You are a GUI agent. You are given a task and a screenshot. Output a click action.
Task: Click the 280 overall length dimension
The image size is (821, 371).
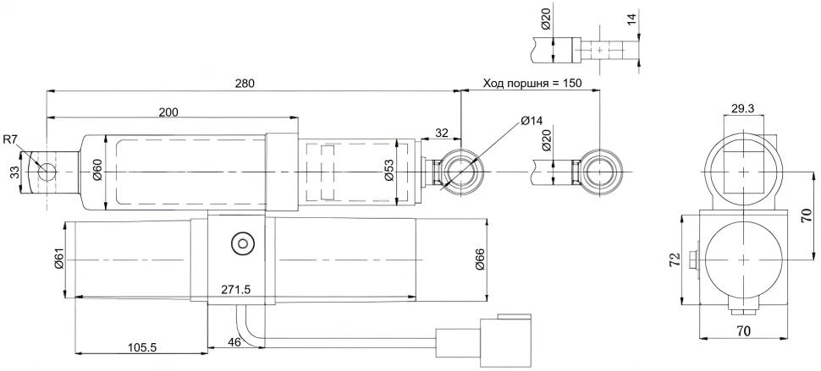coord(244,83)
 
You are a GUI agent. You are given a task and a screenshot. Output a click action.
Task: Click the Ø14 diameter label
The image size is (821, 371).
coord(532,121)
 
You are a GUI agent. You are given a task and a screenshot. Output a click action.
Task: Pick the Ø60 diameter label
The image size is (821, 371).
coord(96,172)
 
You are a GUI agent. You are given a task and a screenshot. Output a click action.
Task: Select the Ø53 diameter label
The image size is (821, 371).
coord(388,172)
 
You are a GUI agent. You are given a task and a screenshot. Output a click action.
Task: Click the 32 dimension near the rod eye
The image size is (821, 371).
coord(442,133)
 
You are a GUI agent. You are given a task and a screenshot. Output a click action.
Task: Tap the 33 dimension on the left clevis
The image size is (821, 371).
coord(14,173)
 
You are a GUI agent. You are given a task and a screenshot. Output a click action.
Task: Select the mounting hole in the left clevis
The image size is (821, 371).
coord(47,172)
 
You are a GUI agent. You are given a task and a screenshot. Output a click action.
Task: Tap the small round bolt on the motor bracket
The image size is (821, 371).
coord(243,244)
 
